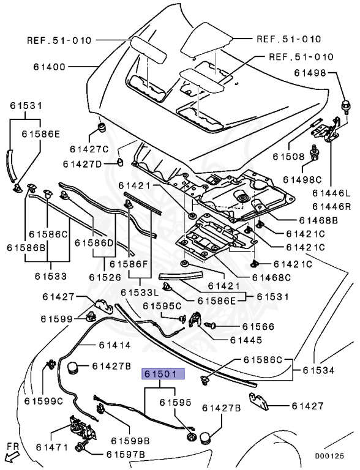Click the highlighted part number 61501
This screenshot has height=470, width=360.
164,375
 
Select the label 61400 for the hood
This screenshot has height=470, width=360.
49,67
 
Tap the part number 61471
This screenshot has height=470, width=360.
52,447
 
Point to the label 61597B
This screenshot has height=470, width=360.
126,455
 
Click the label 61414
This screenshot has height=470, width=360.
115,345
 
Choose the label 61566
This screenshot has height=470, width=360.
258,326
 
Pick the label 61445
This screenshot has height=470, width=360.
246,340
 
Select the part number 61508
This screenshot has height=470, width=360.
288,157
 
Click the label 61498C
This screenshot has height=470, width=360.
302,179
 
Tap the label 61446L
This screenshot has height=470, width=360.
331,193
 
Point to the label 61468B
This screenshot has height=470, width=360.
318,220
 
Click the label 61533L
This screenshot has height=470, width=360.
140,292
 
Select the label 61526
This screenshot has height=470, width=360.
105,277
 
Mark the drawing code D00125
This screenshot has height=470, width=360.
329,456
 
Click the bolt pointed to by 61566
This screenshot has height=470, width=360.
209,324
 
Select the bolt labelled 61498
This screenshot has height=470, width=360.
345,106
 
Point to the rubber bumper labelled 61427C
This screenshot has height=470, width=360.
103,127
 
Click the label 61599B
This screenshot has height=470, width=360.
130,441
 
